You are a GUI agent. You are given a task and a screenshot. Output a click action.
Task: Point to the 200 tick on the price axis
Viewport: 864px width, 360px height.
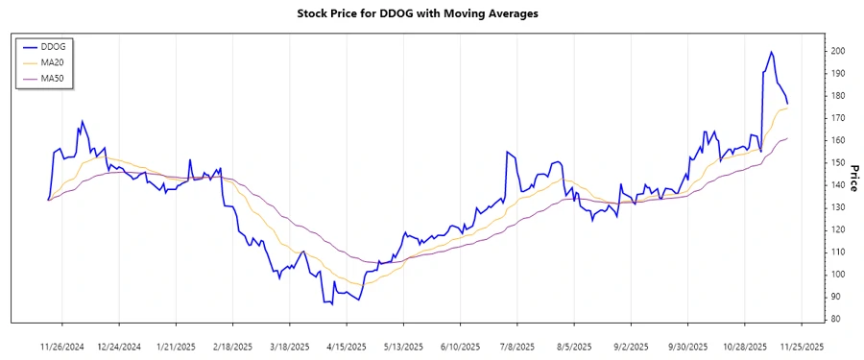click(x=837, y=51)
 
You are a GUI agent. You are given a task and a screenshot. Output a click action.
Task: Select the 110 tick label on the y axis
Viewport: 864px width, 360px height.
click(x=837, y=252)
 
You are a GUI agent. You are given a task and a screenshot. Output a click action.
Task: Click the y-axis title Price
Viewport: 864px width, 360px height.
click(x=853, y=177)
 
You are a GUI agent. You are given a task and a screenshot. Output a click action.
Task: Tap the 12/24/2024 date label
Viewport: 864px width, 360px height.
click(x=120, y=346)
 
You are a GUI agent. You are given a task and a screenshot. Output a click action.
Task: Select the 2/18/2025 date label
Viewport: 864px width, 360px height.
click(x=233, y=346)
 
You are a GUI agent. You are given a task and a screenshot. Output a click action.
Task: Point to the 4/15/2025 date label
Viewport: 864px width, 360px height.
click(x=347, y=346)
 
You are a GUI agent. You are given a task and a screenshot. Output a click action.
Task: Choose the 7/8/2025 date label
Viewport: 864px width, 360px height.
click(x=517, y=346)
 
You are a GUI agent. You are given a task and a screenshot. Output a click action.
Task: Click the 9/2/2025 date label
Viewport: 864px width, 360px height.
click(x=631, y=346)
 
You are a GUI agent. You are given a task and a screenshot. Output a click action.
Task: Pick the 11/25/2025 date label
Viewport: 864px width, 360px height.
click(x=801, y=346)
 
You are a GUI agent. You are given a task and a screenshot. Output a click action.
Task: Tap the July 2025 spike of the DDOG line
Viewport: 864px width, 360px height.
click(x=508, y=152)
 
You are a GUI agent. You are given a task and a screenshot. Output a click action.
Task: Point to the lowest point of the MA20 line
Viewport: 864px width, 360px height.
click(x=359, y=284)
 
